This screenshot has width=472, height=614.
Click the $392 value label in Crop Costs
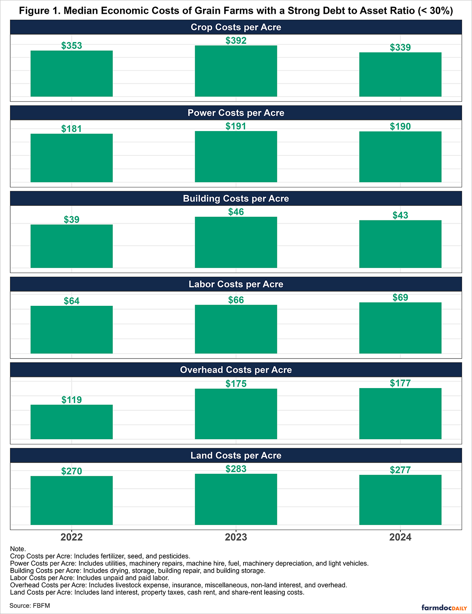tap(236, 41)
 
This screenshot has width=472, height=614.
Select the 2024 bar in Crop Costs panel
tap(400, 74)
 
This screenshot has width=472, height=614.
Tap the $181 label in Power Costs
tap(72, 129)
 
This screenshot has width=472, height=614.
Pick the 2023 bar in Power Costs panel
tap(236, 157)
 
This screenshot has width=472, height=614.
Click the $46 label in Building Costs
tap(236, 212)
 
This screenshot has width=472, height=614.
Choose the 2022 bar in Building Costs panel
tap(72, 246)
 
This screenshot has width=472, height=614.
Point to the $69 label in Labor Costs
tap(400, 298)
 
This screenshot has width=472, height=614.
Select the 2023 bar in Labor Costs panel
tap(236, 329)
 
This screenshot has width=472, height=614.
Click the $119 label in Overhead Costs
tap(72, 400)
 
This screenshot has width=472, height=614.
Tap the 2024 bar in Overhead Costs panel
tap(400, 414)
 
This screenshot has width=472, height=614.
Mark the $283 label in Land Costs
tap(236, 469)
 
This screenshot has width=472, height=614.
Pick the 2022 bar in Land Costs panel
tap(72, 500)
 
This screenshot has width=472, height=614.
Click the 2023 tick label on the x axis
tap(236, 537)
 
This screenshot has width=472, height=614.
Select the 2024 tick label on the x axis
tap(400, 537)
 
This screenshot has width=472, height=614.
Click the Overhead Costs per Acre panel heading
tap(236, 370)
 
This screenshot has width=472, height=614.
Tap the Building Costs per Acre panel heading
tap(236, 198)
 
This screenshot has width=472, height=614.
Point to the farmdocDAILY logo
tap(444, 608)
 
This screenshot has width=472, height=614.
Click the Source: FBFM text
tap(30, 605)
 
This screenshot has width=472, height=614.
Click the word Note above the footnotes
tap(18, 549)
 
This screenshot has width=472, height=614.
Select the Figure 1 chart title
tap(236, 11)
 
